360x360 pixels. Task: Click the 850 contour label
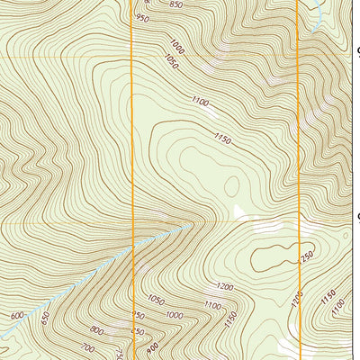(x=175, y=4)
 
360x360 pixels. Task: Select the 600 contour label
(x=17, y=316)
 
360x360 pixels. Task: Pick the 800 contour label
(x=96, y=331)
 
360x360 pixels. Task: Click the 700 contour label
(x=87, y=347)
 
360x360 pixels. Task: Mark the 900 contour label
(x=152, y=347)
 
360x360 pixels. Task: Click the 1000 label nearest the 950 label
(x=175, y=45)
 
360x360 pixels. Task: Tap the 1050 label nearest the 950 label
(x=171, y=62)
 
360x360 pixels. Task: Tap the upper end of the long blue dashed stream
(x=191, y=225)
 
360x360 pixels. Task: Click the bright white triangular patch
(x=239, y=213)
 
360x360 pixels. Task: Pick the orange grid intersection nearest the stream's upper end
(x=132, y=221)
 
